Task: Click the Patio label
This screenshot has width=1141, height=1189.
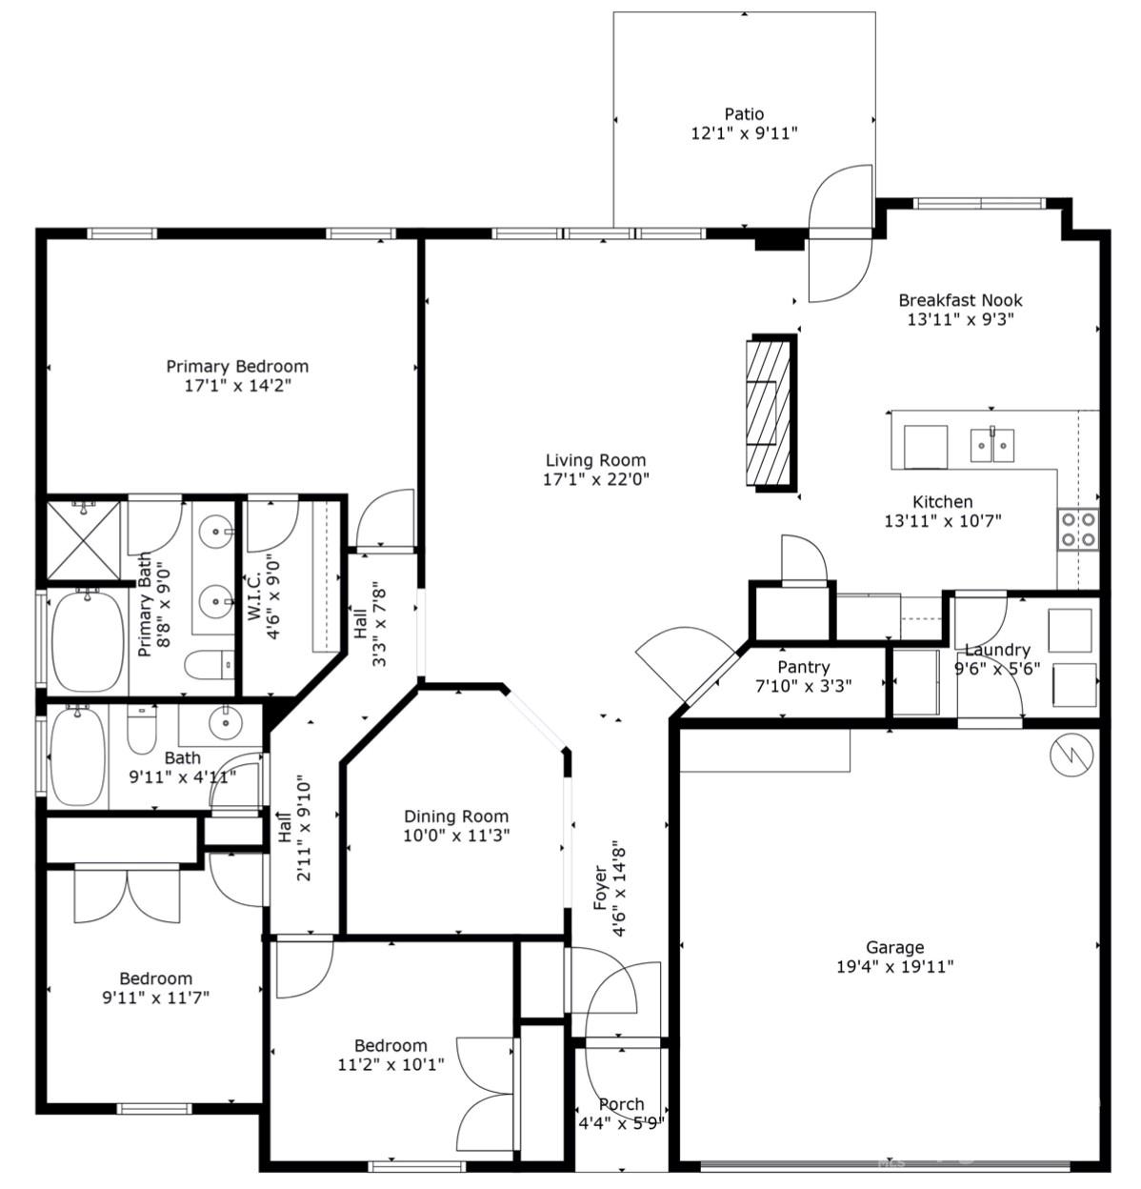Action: tap(743, 114)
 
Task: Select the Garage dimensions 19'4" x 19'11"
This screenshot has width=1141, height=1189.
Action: tap(894, 967)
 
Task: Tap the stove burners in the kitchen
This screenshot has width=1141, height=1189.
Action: tap(1077, 530)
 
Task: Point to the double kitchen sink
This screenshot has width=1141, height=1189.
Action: tap(991, 444)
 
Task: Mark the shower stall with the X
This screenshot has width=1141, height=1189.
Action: tap(85, 539)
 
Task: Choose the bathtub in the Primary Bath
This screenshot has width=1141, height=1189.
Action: tap(87, 641)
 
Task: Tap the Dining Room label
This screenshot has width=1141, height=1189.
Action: tap(456, 816)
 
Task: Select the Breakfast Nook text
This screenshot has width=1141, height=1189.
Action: tap(960, 300)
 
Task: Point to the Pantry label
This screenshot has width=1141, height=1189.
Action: tap(803, 667)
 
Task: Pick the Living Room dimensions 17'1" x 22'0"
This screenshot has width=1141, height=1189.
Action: tap(595, 480)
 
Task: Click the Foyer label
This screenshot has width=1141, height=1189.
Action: tap(601, 887)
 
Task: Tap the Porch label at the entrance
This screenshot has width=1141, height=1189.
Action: tap(621, 1104)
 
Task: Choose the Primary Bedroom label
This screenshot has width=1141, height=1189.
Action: tap(237, 366)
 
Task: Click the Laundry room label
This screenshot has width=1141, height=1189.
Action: tap(997, 650)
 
